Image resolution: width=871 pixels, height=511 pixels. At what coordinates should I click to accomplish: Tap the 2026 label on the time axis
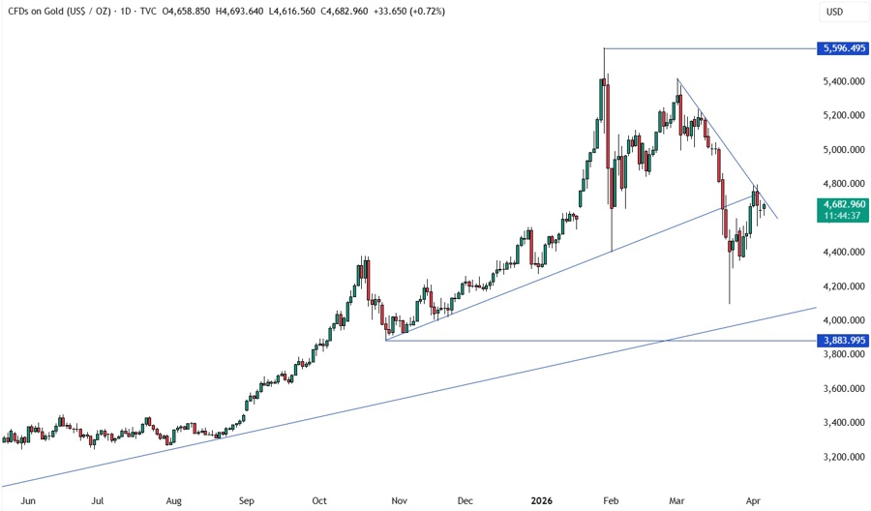(x=542, y=501)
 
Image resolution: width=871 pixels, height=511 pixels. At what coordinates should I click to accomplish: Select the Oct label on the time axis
(x=319, y=501)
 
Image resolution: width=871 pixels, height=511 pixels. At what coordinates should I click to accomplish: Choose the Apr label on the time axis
(x=754, y=501)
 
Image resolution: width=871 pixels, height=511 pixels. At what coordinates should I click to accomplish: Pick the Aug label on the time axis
(x=174, y=501)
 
